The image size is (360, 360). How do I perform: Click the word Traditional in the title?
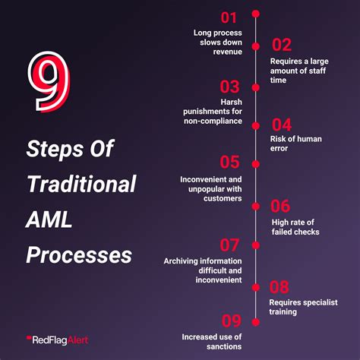tap(81, 184)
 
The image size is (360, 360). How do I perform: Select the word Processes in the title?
tap(78, 254)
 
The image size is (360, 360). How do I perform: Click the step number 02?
tap(282, 44)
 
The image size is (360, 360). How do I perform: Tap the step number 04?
tap(282, 124)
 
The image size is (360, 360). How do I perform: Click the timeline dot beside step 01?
tap(256, 14)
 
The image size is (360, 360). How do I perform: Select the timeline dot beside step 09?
tap(256, 320)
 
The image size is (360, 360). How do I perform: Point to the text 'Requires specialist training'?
tap(299, 306)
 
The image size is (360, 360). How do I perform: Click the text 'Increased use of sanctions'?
tap(212, 341)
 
